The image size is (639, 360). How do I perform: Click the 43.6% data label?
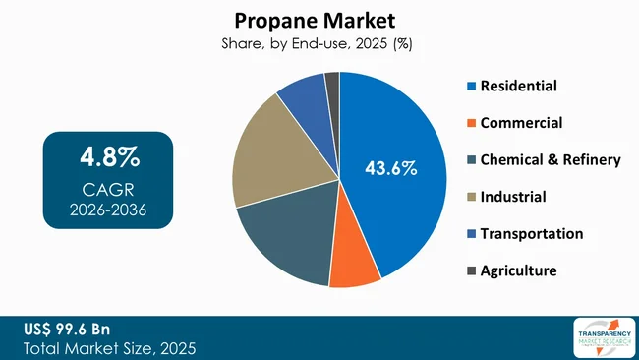pyautogui.click(x=391, y=169)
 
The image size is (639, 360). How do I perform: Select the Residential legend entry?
pyautogui.click(x=511, y=87)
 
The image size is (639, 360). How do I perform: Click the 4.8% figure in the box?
pyautogui.click(x=109, y=158)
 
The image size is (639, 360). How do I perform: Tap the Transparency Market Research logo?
pyautogui.click(x=603, y=337)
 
